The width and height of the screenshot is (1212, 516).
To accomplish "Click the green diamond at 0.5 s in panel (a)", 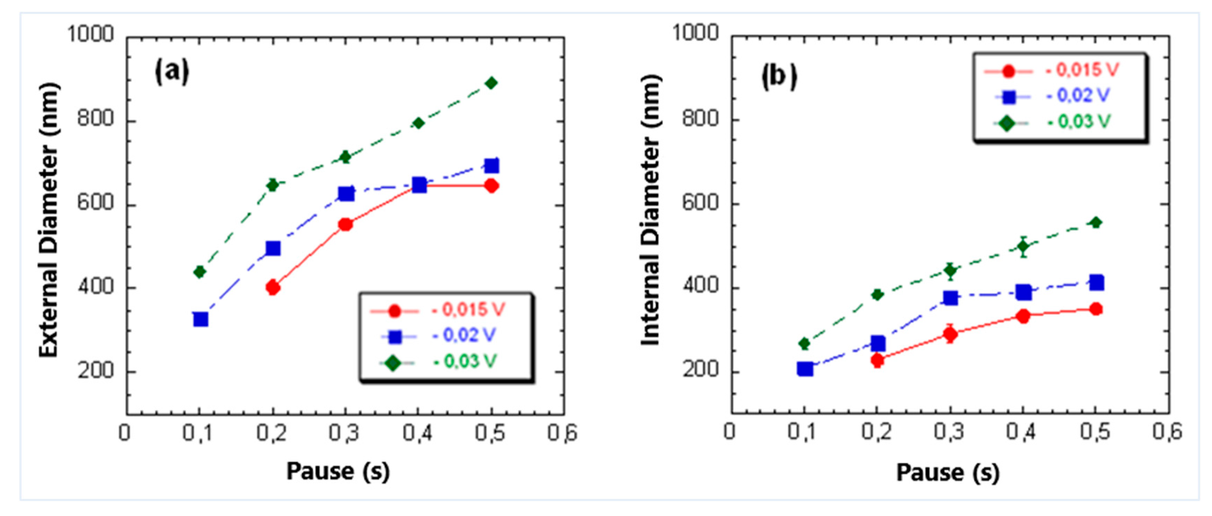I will tap(491, 83).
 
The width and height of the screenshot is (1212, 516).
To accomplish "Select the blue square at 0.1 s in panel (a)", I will tap(201, 319).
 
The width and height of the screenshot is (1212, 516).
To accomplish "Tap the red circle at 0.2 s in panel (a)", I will tap(273, 287).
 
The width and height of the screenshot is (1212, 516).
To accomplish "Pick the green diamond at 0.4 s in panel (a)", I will tap(418, 123).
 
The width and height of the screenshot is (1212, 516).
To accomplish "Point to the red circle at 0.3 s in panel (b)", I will tap(950, 334).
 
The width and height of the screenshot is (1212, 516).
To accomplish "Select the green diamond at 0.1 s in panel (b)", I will tap(805, 344).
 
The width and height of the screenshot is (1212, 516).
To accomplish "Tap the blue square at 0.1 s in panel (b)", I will tap(805, 369).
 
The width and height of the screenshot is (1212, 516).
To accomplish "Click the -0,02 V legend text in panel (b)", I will tap(1078, 96).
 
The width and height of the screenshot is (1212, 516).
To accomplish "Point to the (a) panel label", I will tap(172, 72).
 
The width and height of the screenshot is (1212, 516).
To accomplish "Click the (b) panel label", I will tap(779, 77).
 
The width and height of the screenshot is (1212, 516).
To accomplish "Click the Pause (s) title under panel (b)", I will tap(948, 472).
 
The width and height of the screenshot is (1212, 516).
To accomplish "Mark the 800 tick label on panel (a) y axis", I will tap(96, 119).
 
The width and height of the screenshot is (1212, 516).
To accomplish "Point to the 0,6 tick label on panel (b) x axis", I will tap(1167, 432).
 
